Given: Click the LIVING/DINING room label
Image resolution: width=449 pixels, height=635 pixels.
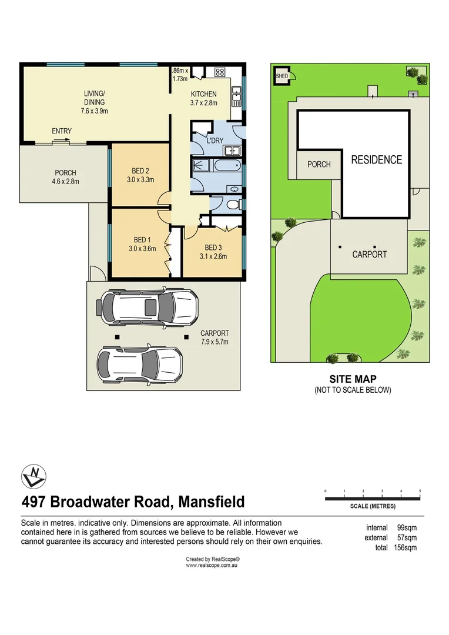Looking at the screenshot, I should pyautogui.click(x=94, y=98).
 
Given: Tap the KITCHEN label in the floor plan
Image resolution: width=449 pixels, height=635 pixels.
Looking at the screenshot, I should pyautogui.click(x=204, y=94).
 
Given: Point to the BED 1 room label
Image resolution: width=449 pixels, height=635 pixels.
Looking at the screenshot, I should pyautogui.click(x=142, y=240).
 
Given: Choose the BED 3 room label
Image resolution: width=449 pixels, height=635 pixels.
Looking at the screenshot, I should pyautogui.click(x=213, y=248).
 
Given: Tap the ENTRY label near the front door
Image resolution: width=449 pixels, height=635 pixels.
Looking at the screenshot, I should pyautogui.click(x=62, y=131).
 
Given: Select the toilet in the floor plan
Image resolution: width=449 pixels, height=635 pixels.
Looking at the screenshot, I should pyautogui.click(x=233, y=205).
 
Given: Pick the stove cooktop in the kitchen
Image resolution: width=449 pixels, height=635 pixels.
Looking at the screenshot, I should pyautogui.click(x=220, y=73).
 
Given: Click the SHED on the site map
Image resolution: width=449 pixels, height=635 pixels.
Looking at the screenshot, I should pyautogui.click(x=282, y=76).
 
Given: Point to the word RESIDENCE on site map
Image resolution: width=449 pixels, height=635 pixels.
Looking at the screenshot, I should pyautogui.click(x=377, y=159).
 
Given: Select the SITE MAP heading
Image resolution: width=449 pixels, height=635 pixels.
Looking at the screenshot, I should pyautogui.click(x=353, y=379).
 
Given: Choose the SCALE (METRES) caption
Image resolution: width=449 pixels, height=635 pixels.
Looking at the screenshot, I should pyautogui.click(x=373, y=506).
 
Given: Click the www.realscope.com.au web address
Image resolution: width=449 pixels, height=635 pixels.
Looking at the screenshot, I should pyautogui.click(x=211, y=565).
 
